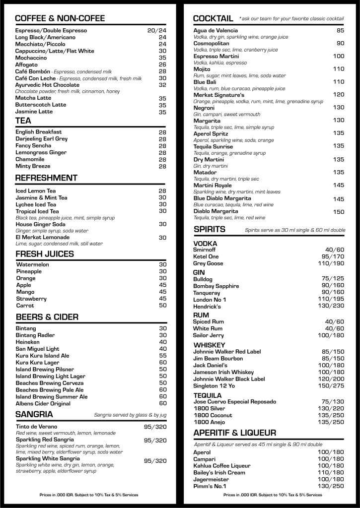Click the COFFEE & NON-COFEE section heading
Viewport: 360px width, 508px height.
[60, 18]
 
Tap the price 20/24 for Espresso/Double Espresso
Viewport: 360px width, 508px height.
[156, 31]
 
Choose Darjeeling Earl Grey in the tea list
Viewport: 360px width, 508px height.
[41, 139]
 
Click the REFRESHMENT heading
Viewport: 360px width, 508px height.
[46, 178]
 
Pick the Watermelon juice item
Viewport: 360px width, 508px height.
[33, 265]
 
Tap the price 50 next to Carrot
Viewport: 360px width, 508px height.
[162, 306]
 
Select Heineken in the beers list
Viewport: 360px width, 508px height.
[28, 342]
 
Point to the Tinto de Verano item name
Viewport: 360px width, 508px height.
[36, 427]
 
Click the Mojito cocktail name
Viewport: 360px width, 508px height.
[202, 69]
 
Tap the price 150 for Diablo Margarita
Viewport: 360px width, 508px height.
[339, 212]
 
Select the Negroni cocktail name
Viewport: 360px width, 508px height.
[204, 108]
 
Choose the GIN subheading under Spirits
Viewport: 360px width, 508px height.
[199, 272]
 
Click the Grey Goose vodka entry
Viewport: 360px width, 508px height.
[208, 263]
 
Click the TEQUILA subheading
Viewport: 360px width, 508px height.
[208, 395]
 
